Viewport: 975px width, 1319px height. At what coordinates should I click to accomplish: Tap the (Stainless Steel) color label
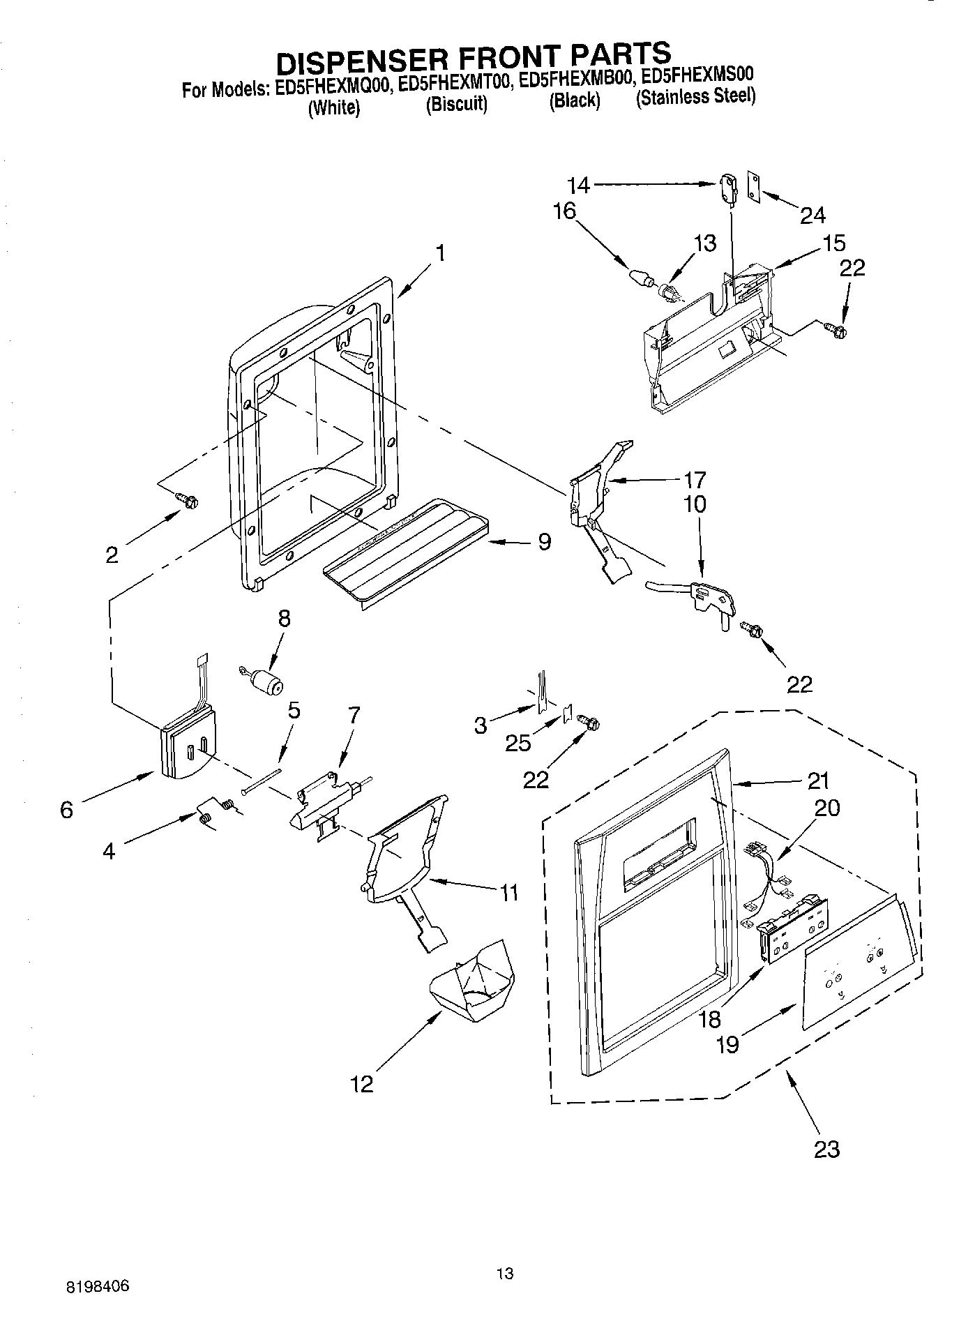tap(695, 96)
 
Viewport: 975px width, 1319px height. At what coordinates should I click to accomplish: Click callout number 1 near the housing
tap(441, 253)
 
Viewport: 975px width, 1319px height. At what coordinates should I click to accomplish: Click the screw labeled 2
tap(186, 499)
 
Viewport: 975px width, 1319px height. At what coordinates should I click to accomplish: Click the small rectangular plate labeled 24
tap(754, 186)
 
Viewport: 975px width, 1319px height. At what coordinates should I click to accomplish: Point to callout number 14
tap(578, 185)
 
